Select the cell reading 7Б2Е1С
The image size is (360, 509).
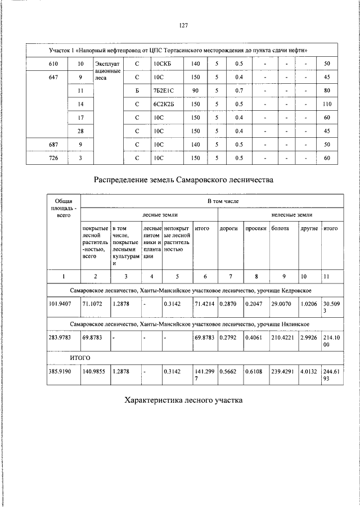point(164,91)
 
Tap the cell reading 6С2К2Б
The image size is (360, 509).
point(164,104)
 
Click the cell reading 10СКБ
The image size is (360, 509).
point(163,64)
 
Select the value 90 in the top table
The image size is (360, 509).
point(195,91)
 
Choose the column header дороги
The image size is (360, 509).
point(229,228)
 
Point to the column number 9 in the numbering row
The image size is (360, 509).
point(284,276)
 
